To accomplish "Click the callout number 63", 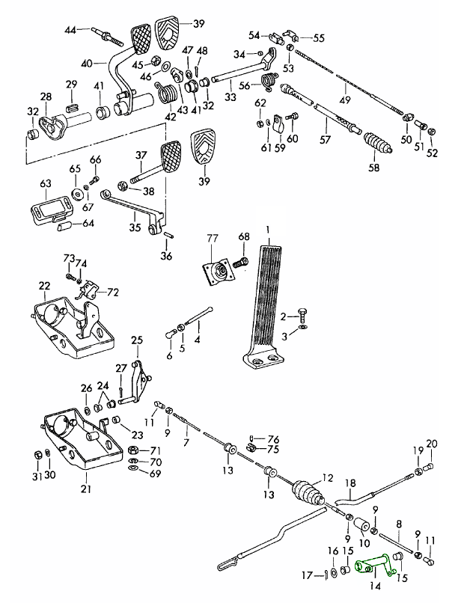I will pos(45,183).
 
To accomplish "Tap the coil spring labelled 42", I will pos(169,95).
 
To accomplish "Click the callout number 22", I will pos(44,286).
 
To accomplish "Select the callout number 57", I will pos(324,140).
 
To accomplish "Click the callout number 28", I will pos(46,97).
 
